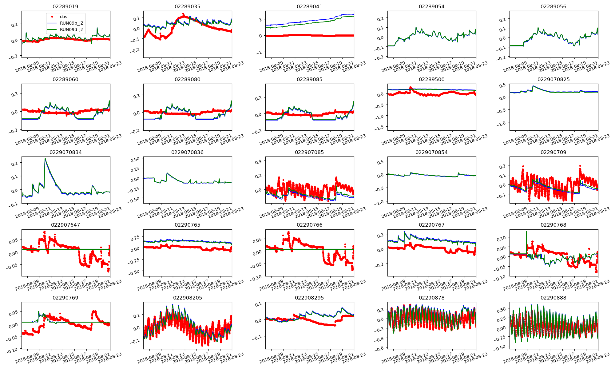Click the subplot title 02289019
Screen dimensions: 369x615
[x=65, y=6]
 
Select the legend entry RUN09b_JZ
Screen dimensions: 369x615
[x=71, y=23]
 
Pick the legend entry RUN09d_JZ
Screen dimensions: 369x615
[x=71, y=30]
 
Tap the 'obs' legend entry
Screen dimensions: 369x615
[x=63, y=17]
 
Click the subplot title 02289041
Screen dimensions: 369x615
[x=309, y=6]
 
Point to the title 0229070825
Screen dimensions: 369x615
[x=553, y=79]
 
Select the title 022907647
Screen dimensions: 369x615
[x=65, y=225]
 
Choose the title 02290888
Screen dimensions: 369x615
[x=553, y=298]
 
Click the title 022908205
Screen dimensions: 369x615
[x=188, y=298]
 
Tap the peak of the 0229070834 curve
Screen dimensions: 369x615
[x=45, y=159]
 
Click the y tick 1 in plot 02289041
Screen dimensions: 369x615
[x=260, y=20]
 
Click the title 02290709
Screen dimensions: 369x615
[x=553, y=152]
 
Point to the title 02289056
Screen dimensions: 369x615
[x=553, y=6]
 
